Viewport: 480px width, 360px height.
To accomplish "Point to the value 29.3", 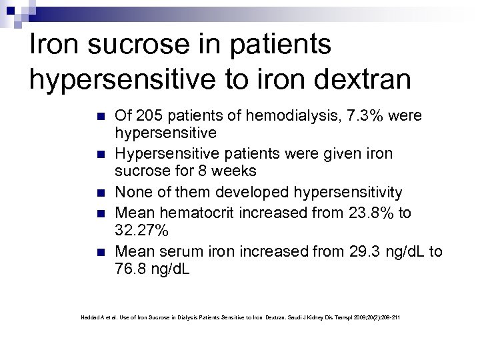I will [x=365, y=251].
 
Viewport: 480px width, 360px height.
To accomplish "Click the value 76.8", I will [x=131, y=270].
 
